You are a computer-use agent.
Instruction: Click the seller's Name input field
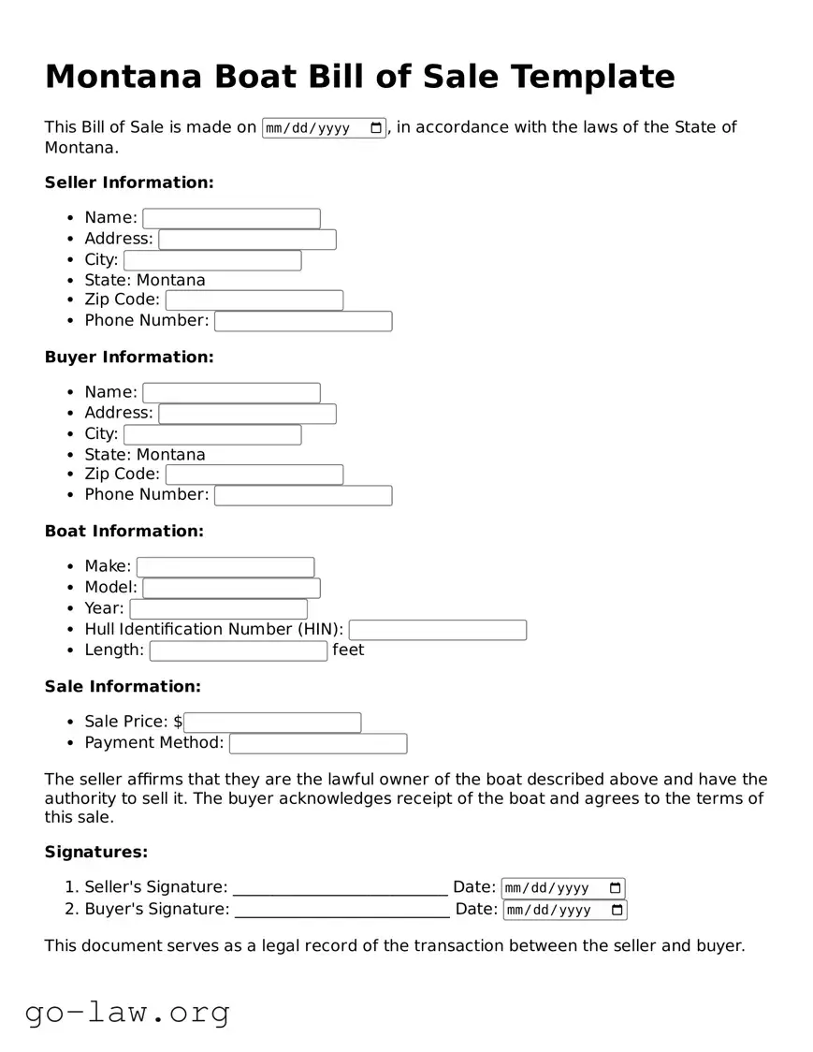coord(231,218)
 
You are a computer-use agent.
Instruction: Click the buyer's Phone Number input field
coord(303,495)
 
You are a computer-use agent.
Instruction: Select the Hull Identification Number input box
coord(437,630)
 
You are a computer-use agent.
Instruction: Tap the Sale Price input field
coord(272,723)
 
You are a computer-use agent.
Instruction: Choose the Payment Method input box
coord(318,743)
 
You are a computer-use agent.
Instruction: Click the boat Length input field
coord(239,650)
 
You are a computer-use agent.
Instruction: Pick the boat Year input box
coord(218,609)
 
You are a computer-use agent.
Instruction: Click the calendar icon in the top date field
coord(376,128)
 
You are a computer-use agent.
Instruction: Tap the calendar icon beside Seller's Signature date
coord(615,888)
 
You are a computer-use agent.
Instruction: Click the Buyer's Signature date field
coord(557,910)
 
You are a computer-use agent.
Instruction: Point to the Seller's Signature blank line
coord(340,887)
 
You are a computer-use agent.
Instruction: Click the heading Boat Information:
coord(124,531)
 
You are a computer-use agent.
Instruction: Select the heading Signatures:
coord(96,852)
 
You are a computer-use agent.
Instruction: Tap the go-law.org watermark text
coord(127,1012)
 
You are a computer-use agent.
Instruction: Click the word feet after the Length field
coord(348,650)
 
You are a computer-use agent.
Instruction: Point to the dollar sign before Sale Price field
coord(178,722)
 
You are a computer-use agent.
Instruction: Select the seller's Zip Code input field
coord(254,300)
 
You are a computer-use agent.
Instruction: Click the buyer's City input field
coord(212,434)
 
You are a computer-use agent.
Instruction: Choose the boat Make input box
coord(225,567)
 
